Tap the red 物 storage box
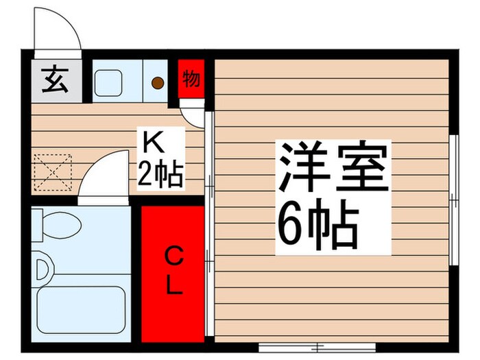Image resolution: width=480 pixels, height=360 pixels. pos(191,80)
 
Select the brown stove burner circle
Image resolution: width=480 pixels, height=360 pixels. pos(158,83)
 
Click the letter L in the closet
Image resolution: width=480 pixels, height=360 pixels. pos(174,285)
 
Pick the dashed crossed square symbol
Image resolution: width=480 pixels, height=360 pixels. pos(53,171)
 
